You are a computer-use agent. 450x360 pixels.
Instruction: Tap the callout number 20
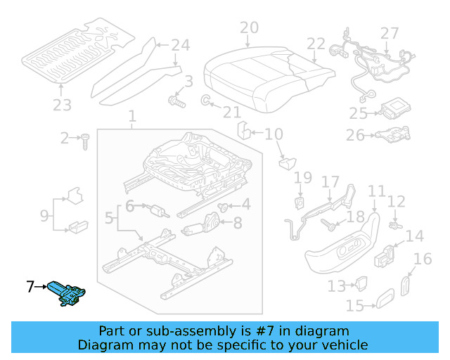[249, 29]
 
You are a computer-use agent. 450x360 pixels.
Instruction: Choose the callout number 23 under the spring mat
[62, 105]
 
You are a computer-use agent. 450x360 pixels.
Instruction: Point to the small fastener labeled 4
[224, 206]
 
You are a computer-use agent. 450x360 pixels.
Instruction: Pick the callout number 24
[181, 46]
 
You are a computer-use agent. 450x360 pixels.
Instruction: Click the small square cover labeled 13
[361, 283]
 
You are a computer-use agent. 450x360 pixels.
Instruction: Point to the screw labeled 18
[330, 224]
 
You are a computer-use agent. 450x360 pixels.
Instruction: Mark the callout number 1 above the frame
[131, 116]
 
